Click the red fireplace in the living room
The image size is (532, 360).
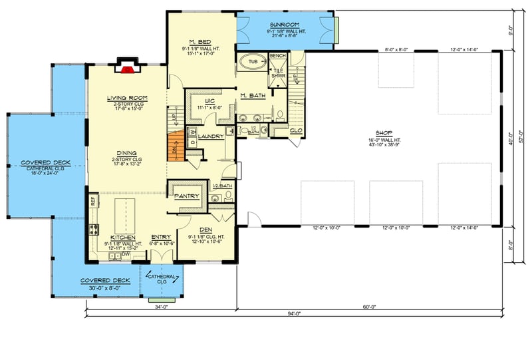point(126,67)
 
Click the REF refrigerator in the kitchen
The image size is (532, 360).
point(93,199)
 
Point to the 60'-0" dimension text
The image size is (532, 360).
point(370,306)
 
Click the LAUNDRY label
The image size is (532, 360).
point(211,136)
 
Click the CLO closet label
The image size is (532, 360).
point(296,130)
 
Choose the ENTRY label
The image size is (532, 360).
point(161,237)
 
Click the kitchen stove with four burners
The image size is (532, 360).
point(93,232)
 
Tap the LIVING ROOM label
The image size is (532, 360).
point(127,98)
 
